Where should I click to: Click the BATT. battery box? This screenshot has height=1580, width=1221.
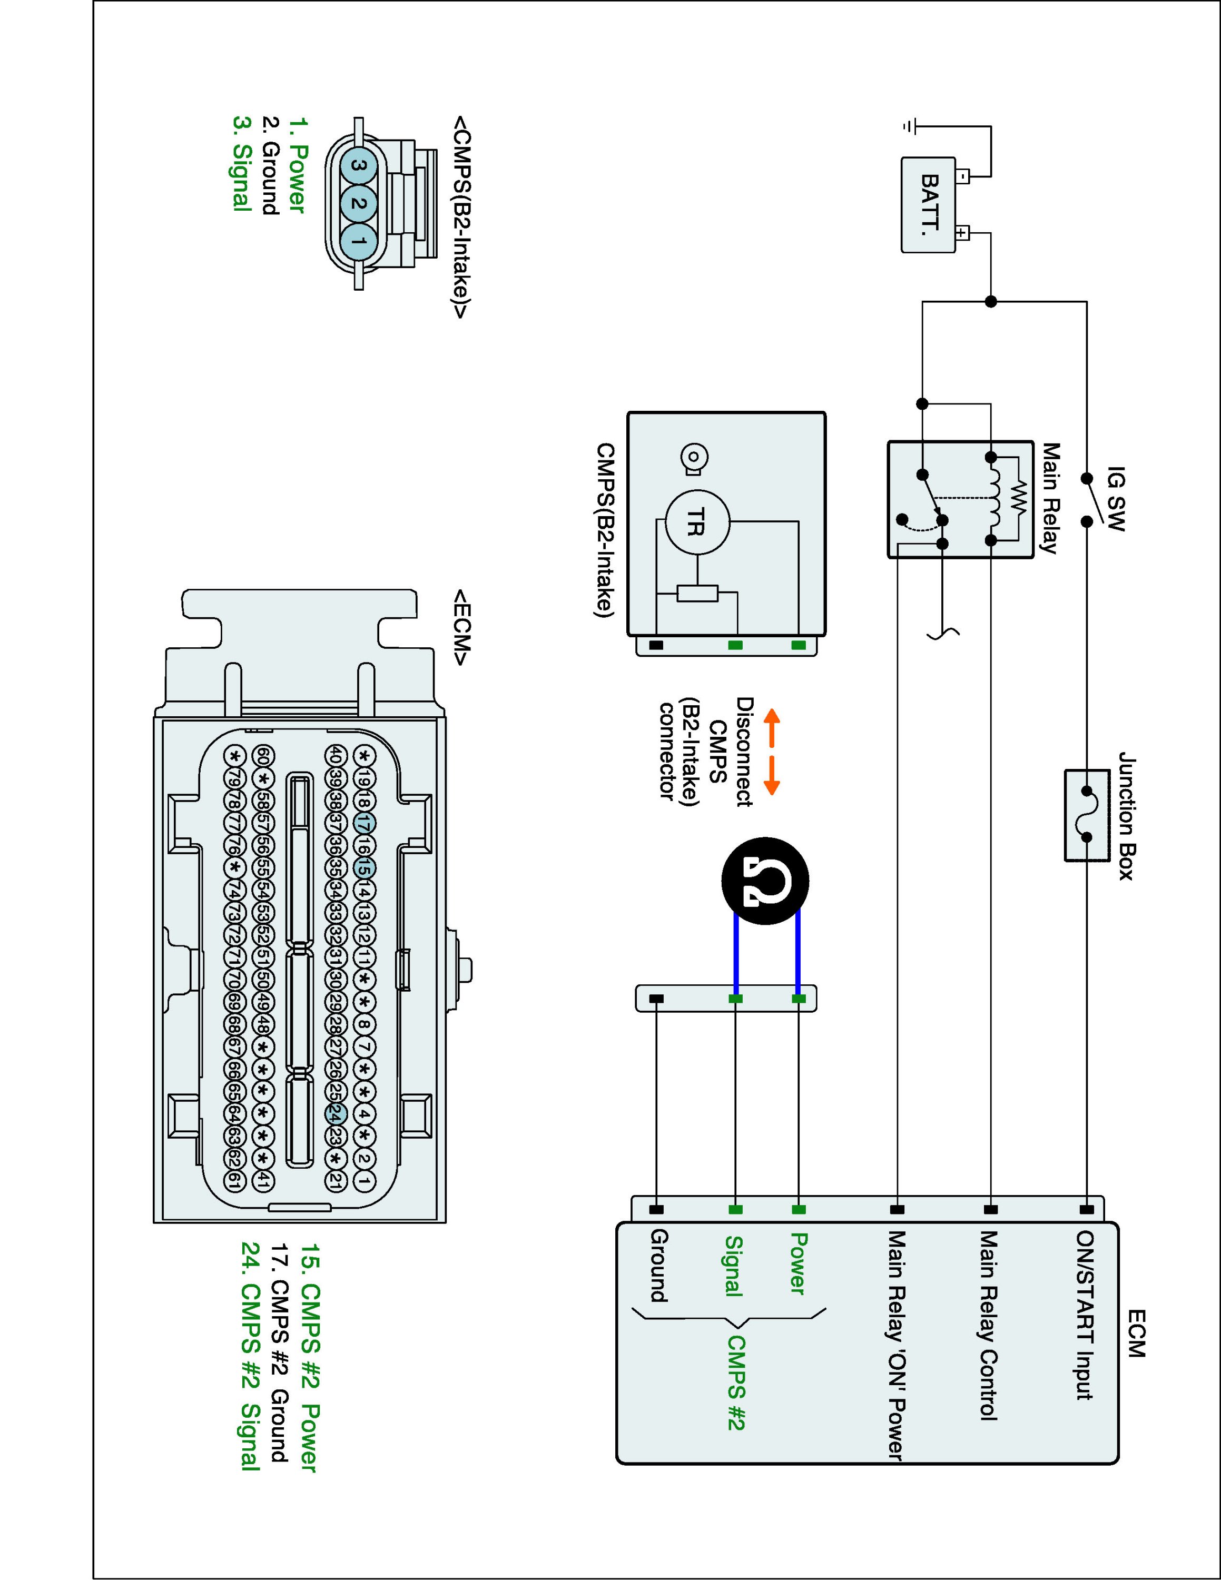click(x=928, y=205)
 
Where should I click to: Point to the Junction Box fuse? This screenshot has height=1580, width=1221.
click(x=1087, y=815)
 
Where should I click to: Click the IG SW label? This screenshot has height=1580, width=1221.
click(x=1116, y=499)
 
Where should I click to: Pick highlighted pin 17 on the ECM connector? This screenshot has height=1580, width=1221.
click(x=365, y=823)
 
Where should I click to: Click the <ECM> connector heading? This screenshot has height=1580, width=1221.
click(x=461, y=627)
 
